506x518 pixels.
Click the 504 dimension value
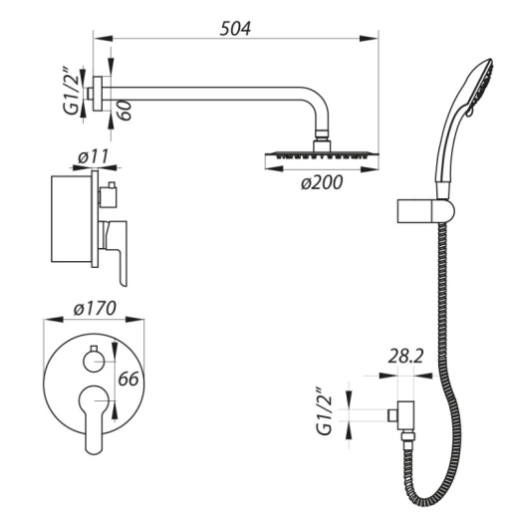[235, 28]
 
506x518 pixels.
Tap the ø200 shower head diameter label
[322, 182]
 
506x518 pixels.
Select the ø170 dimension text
[95, 308]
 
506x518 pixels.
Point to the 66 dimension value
[128, 379]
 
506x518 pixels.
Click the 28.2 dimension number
[405, 357]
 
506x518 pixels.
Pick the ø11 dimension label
[94, 156]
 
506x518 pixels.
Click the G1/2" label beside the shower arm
[72, 91]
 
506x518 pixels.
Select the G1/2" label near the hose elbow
[324, 410]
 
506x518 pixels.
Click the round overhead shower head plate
[322, 154]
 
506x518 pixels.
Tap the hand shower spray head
[480, 88]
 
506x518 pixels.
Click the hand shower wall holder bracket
[425, 211]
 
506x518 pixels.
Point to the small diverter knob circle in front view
[94, 362]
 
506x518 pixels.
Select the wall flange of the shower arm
[98, 94]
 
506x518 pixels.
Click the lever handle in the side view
[117, 252]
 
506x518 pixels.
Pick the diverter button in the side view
[108, 195]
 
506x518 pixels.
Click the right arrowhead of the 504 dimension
[369, 39]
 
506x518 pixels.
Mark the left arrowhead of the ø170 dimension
[54, 319]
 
